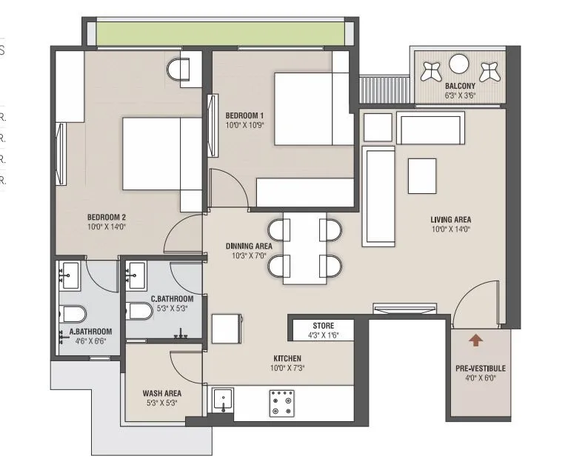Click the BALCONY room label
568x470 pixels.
pos(460,86)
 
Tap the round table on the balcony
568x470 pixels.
pos(459,65)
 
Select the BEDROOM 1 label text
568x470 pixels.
pos(244,115)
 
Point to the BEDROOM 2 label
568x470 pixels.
pos(106,217)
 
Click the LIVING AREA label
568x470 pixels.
pos(450,220)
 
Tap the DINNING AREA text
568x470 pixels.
pos(249,246)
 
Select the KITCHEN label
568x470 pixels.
pos(286,358)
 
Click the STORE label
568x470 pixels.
pos(323,326)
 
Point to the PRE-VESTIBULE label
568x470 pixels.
pos(481,368)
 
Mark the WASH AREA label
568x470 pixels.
pos(161,393)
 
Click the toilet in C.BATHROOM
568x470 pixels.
pos(138,310)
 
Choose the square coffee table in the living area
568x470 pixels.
pos(422,176)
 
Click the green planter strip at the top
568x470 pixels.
pos(215,33)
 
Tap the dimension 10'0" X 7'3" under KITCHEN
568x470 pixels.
pos(286,368)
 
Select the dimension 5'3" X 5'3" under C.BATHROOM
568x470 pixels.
pos(171,309)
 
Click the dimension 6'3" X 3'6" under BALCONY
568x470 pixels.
pos(460,95)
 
